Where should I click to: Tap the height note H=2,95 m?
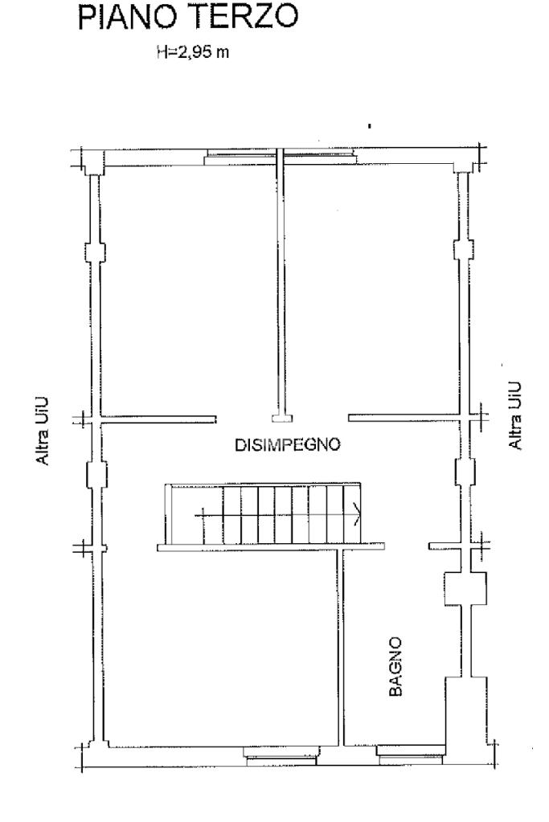[x=193, y=52]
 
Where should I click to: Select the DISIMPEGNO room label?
[x=287, y=445]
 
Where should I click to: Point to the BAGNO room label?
[x=395, y=666]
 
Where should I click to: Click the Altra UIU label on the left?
[x=43, y=431]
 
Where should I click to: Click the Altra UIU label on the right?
[x=515, y=415]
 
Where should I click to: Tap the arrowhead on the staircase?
[x=357, y=515]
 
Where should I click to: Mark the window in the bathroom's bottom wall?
[x=411, y=750]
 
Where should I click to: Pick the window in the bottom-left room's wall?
[x=281, y=753]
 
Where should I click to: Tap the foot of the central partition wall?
[x=282, y=419]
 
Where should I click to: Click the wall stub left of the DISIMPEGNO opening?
[x=158, y=419]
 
